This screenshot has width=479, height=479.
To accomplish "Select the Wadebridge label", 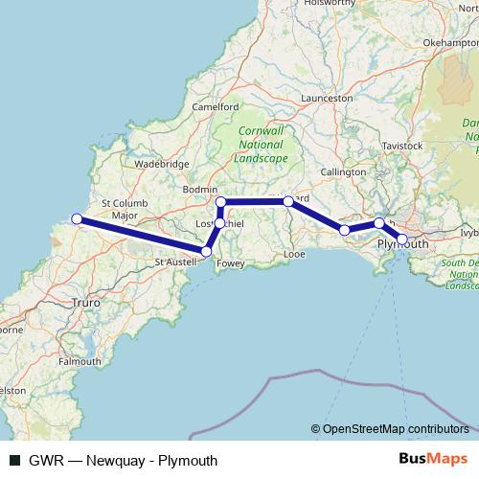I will [x=162, y=164].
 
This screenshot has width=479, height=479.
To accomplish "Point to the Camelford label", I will [x=216, y=106].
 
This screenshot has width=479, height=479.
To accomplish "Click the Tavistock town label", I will [x=401, y=145].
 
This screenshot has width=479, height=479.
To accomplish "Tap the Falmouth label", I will [x=80, y=362].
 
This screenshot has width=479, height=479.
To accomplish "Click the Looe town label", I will [x=295, y=254].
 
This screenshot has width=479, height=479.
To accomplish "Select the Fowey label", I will [x=232, y=260].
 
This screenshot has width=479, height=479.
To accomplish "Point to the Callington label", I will [x=343, y=171].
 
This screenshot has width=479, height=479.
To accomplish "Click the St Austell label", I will [x=175, y=261].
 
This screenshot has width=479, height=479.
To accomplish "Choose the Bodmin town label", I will [x=201, y=190].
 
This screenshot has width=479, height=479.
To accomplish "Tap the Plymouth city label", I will [x=403, y=244].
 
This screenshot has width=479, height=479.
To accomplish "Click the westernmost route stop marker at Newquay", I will [x=77, y=218].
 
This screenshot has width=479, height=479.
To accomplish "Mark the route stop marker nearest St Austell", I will [x=206, y=251].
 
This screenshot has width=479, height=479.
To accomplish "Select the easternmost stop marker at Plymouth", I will [x=402, y=238].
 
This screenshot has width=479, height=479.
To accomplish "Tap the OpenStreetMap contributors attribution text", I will [x=395, y=429].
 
